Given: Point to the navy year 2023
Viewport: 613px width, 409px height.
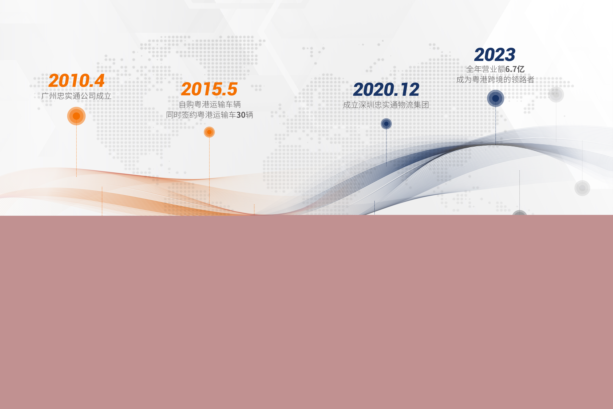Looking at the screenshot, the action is coord(495,55).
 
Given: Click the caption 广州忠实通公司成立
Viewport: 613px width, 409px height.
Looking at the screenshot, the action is coord(76,96).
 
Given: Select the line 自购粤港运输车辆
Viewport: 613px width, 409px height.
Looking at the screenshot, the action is coord(210,104).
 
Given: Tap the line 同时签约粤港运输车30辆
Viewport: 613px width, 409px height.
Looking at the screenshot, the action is coord(210,115).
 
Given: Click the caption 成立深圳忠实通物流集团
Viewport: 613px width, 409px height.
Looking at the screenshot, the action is coord(386,105).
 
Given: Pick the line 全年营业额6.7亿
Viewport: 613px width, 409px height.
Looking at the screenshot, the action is coord(495,69).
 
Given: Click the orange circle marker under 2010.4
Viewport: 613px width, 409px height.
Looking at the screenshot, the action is coord(76,116).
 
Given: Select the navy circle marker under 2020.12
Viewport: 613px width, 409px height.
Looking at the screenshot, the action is coord(386,124).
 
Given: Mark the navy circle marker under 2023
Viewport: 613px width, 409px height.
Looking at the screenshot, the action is coord(495,98).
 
